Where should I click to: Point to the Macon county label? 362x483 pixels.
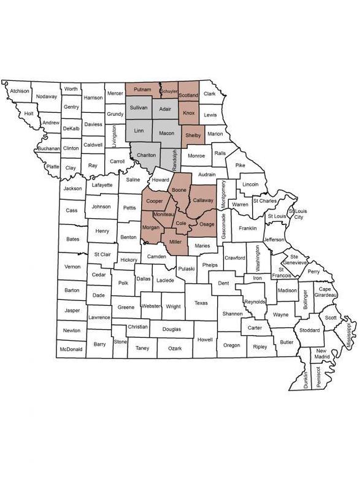(167, 132)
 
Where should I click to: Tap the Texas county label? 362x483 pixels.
(201, 302)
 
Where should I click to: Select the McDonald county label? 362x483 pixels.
(72, 349)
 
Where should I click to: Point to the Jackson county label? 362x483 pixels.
(72, 188)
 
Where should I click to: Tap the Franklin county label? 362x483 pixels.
(247, 228)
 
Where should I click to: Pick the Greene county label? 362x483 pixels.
(126, 307)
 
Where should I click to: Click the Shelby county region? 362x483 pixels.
(193, 135)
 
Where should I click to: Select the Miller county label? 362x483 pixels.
(175, 243)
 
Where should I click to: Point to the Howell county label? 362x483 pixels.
(204, 339)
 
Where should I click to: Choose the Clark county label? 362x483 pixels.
(210, 94)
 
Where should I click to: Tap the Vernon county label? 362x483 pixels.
(72, 266)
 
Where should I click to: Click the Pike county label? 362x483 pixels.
(240, 165)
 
